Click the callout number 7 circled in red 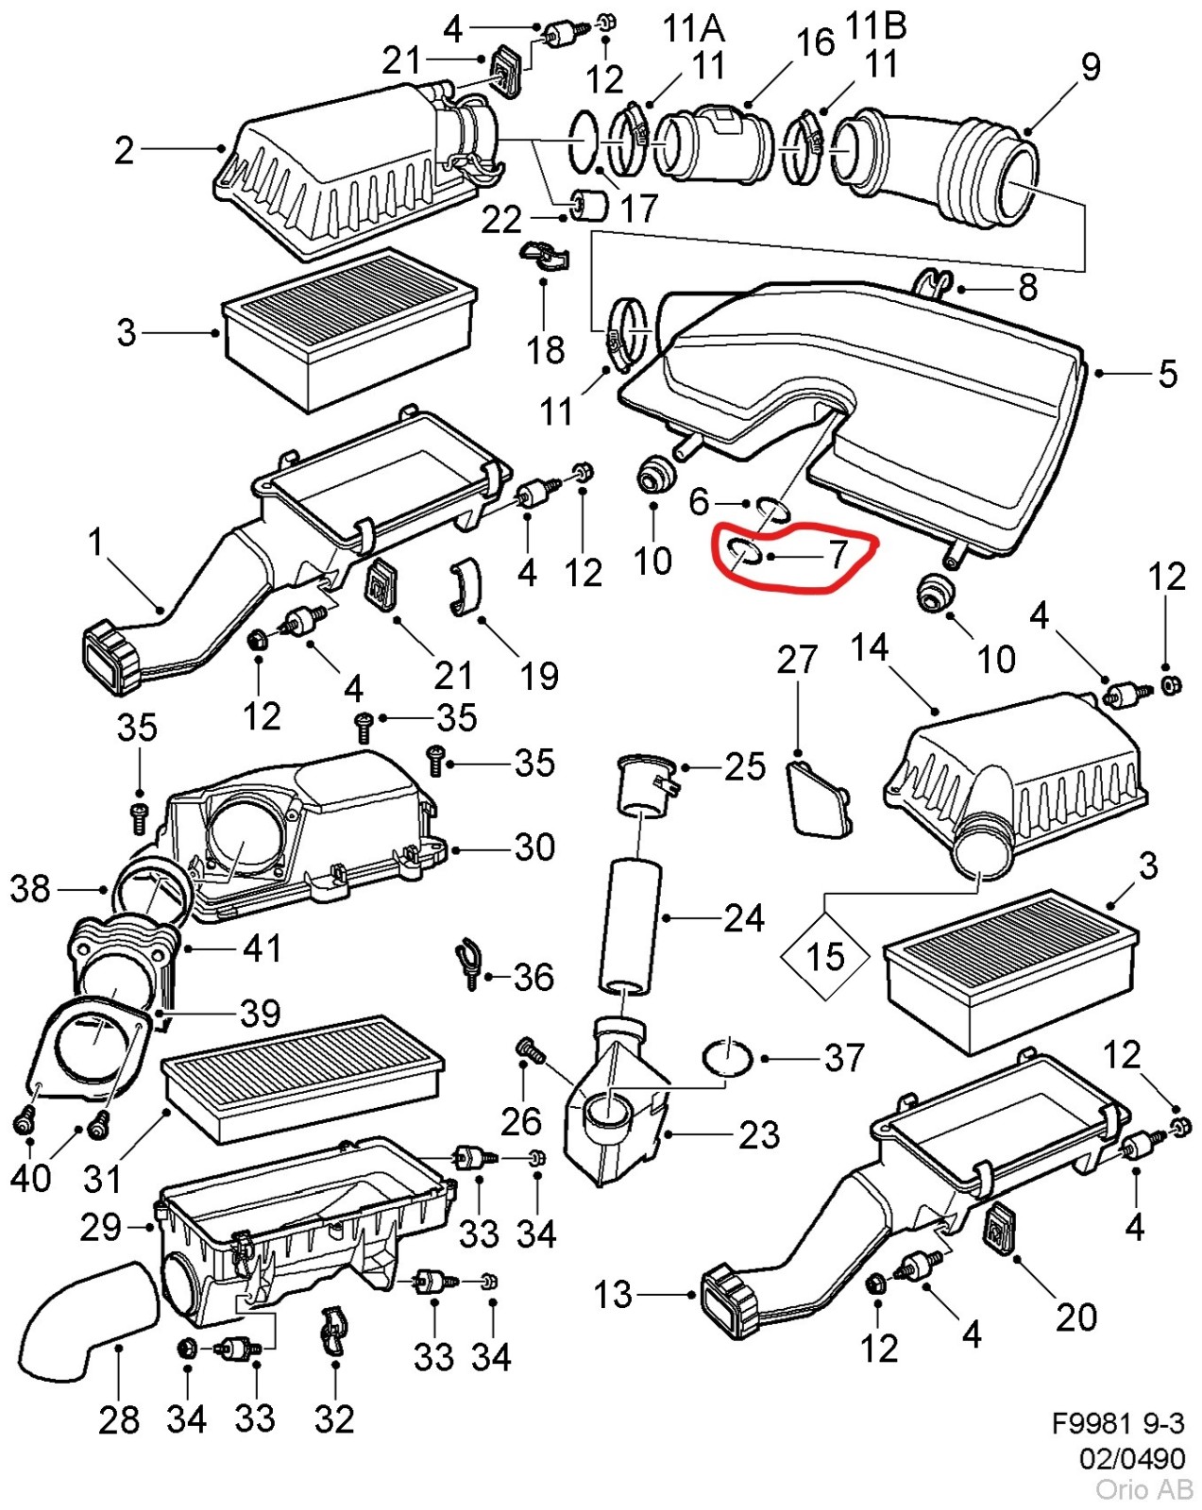[838, 555]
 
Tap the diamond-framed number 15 [825, 956]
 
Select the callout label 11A [694, 29]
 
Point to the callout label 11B [875, 25]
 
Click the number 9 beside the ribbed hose [1090, 67]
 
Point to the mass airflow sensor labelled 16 [713, 143]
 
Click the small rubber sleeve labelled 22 [590, 204]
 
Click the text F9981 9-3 [1118, 1424]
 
